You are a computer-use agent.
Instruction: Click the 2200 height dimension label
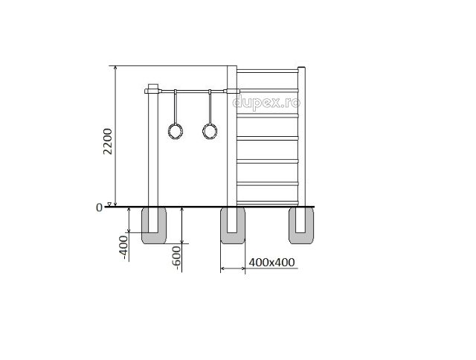(x=108, y=141)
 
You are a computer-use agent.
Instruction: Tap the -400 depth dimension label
(x=124, y=247)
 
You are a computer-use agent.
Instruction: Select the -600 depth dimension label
(x=176, y=258)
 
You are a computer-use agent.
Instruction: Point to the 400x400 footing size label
(x=271, y=262)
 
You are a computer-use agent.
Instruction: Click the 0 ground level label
(x=99, y=208)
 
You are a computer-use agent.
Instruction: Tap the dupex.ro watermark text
(x=266, y=103)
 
